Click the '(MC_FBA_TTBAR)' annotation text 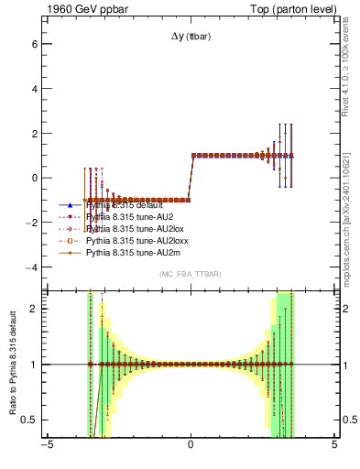[191, 275]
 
